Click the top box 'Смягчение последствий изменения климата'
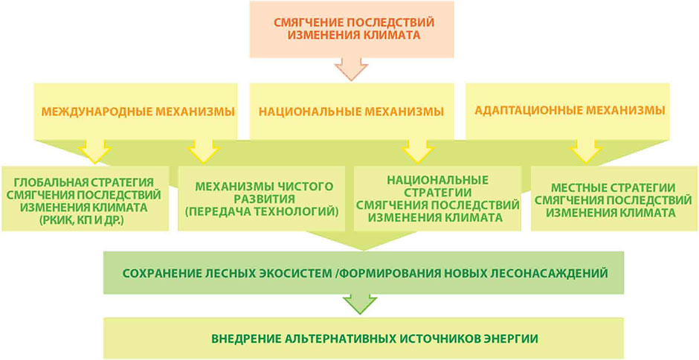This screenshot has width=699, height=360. pos(352,30)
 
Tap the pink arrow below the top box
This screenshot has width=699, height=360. pos(352,69)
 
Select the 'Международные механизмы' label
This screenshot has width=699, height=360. pos(138,111)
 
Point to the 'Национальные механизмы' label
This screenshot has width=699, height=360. pos(352,111)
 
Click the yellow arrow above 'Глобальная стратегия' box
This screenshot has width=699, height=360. pos(94,150)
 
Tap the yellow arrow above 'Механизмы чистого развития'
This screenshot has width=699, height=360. pos(204,150)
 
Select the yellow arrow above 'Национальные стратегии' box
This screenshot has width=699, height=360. pos(417,150)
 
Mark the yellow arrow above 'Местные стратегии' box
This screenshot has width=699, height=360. pos(587,150)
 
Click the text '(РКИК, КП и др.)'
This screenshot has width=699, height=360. pos(85,219)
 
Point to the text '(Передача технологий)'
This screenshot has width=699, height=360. pos(262,212)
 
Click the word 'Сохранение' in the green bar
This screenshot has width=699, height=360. pos(160,273)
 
